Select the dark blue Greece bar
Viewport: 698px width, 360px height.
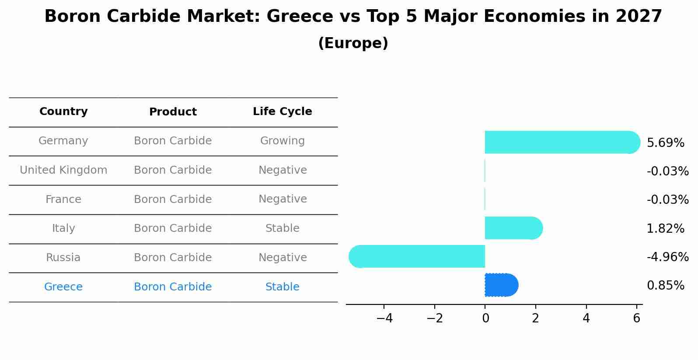(501, 285)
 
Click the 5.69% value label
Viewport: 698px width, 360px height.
(665, 143)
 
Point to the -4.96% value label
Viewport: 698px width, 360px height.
(667, 257)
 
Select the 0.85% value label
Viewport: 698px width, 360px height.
(665, 286)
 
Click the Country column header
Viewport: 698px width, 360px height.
(63, 112)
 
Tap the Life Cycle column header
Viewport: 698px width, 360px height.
(282, 112)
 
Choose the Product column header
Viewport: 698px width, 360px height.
(173, 112)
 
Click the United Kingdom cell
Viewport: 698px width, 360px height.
(63, 170)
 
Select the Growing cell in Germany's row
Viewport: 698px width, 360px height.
(282, 141)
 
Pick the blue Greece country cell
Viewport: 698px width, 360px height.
(63, 287)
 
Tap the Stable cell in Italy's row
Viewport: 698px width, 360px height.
(282, 228)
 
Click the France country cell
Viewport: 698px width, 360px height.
(63, 199)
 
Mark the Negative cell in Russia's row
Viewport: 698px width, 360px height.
(282, 258)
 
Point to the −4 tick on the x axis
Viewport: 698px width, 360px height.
(384, 318)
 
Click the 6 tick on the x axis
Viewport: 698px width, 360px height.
(636, 318)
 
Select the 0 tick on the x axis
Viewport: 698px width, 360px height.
(485, 318)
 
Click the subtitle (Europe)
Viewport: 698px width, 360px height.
(353, 43)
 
